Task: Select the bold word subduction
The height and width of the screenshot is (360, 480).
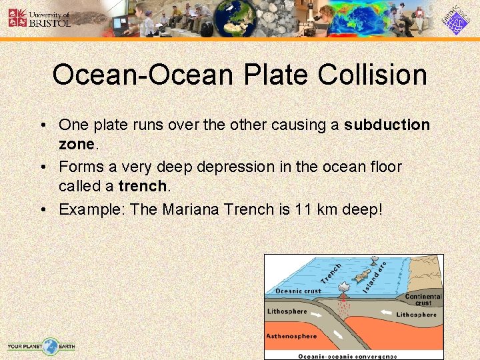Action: (x=387, y=125)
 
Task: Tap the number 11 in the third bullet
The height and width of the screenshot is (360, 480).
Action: (x=304, y=209)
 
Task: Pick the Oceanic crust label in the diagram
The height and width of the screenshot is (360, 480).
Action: (x=298, y=291)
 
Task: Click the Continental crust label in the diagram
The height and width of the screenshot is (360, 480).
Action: (x=423, y=299)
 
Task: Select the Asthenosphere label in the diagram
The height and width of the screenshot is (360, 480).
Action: (x=291, y=335)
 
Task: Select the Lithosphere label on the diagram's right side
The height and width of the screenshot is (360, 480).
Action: (x=416, y=314)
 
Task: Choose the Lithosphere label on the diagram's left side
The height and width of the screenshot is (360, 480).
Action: (x=287, y=311)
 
